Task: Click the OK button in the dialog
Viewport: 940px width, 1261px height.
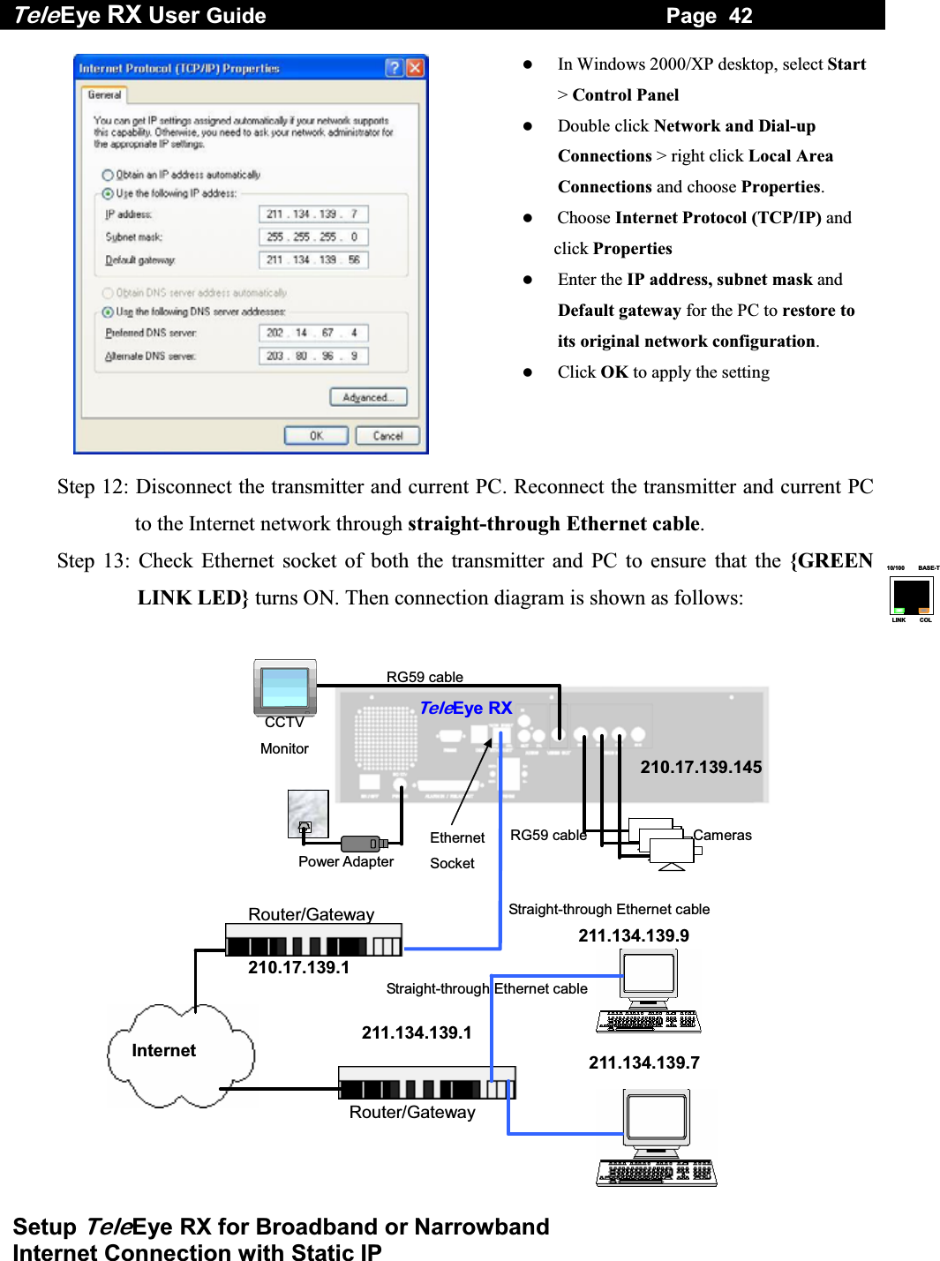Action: click(x=316, y=436)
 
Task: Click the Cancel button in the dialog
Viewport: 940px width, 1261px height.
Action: click(x=387, y=436)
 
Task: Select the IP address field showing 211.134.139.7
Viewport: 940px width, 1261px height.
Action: click(x=313, y=214)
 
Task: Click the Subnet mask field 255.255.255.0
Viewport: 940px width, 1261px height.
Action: click(x=313, y=237)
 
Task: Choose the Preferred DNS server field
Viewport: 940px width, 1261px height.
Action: click(x=313, y=334)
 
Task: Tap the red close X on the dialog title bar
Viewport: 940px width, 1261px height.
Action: click(x=415, y=68)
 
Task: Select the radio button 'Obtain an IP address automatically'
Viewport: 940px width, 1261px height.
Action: click(x=108, y=175)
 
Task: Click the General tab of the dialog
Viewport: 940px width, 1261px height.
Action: click(x=104, y=94)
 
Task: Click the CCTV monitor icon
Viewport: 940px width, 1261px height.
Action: click(x=285, y=687)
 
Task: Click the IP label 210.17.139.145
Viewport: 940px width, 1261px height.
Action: click(x=701, y=768)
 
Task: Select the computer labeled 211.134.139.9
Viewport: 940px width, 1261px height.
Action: click(x=650, y=988)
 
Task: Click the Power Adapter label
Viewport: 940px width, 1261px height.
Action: click(x=346, y=862)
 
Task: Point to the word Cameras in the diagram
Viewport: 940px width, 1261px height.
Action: click(x=722, y=836)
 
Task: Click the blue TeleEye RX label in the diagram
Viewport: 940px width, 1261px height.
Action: click(x=465, y=709)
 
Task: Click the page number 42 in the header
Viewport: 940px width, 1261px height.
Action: click(x=741, y=16)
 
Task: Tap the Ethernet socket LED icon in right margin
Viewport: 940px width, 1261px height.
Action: click(x=912, y=596)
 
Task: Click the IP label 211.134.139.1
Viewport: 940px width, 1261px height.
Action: click(x=417, y=1033)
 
